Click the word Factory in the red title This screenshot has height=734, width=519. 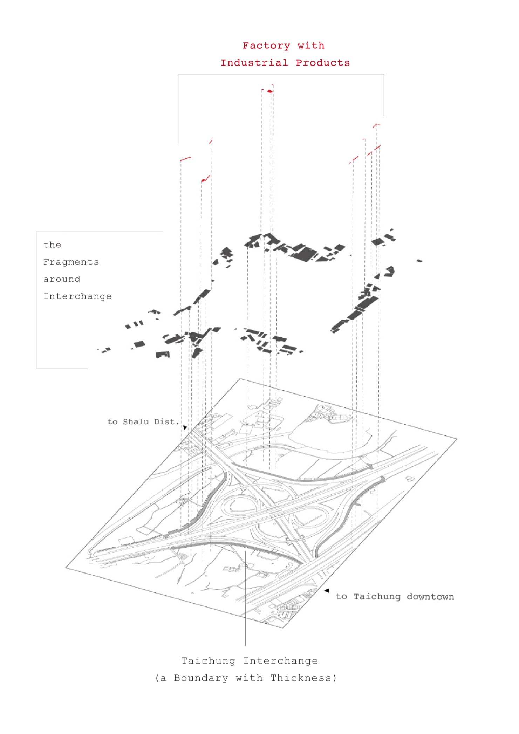click(266, 46)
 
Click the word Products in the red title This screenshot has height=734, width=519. click(323, 63)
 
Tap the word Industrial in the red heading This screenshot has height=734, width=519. click(254, 63)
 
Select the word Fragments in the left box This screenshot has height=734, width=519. click(71, 262)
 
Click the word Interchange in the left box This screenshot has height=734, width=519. click(77, 296)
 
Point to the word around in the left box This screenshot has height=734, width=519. click(62, 279)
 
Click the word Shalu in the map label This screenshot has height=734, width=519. click(136, 422)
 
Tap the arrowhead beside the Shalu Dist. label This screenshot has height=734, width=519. click(185, 428)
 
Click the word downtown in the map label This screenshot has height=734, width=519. click(430, 597)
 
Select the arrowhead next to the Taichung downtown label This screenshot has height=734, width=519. click(327, 591)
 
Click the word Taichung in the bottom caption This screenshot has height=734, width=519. click(208, 661)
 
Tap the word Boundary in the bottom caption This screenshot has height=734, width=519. click(201, 678)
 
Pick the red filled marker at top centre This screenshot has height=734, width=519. click(269, 91)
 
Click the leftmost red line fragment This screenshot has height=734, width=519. click(185, 159)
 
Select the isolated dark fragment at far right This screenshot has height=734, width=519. click(419, 261)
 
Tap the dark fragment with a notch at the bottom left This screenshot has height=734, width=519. click(163, 355)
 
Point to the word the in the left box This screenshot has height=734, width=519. click(52, 245)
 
